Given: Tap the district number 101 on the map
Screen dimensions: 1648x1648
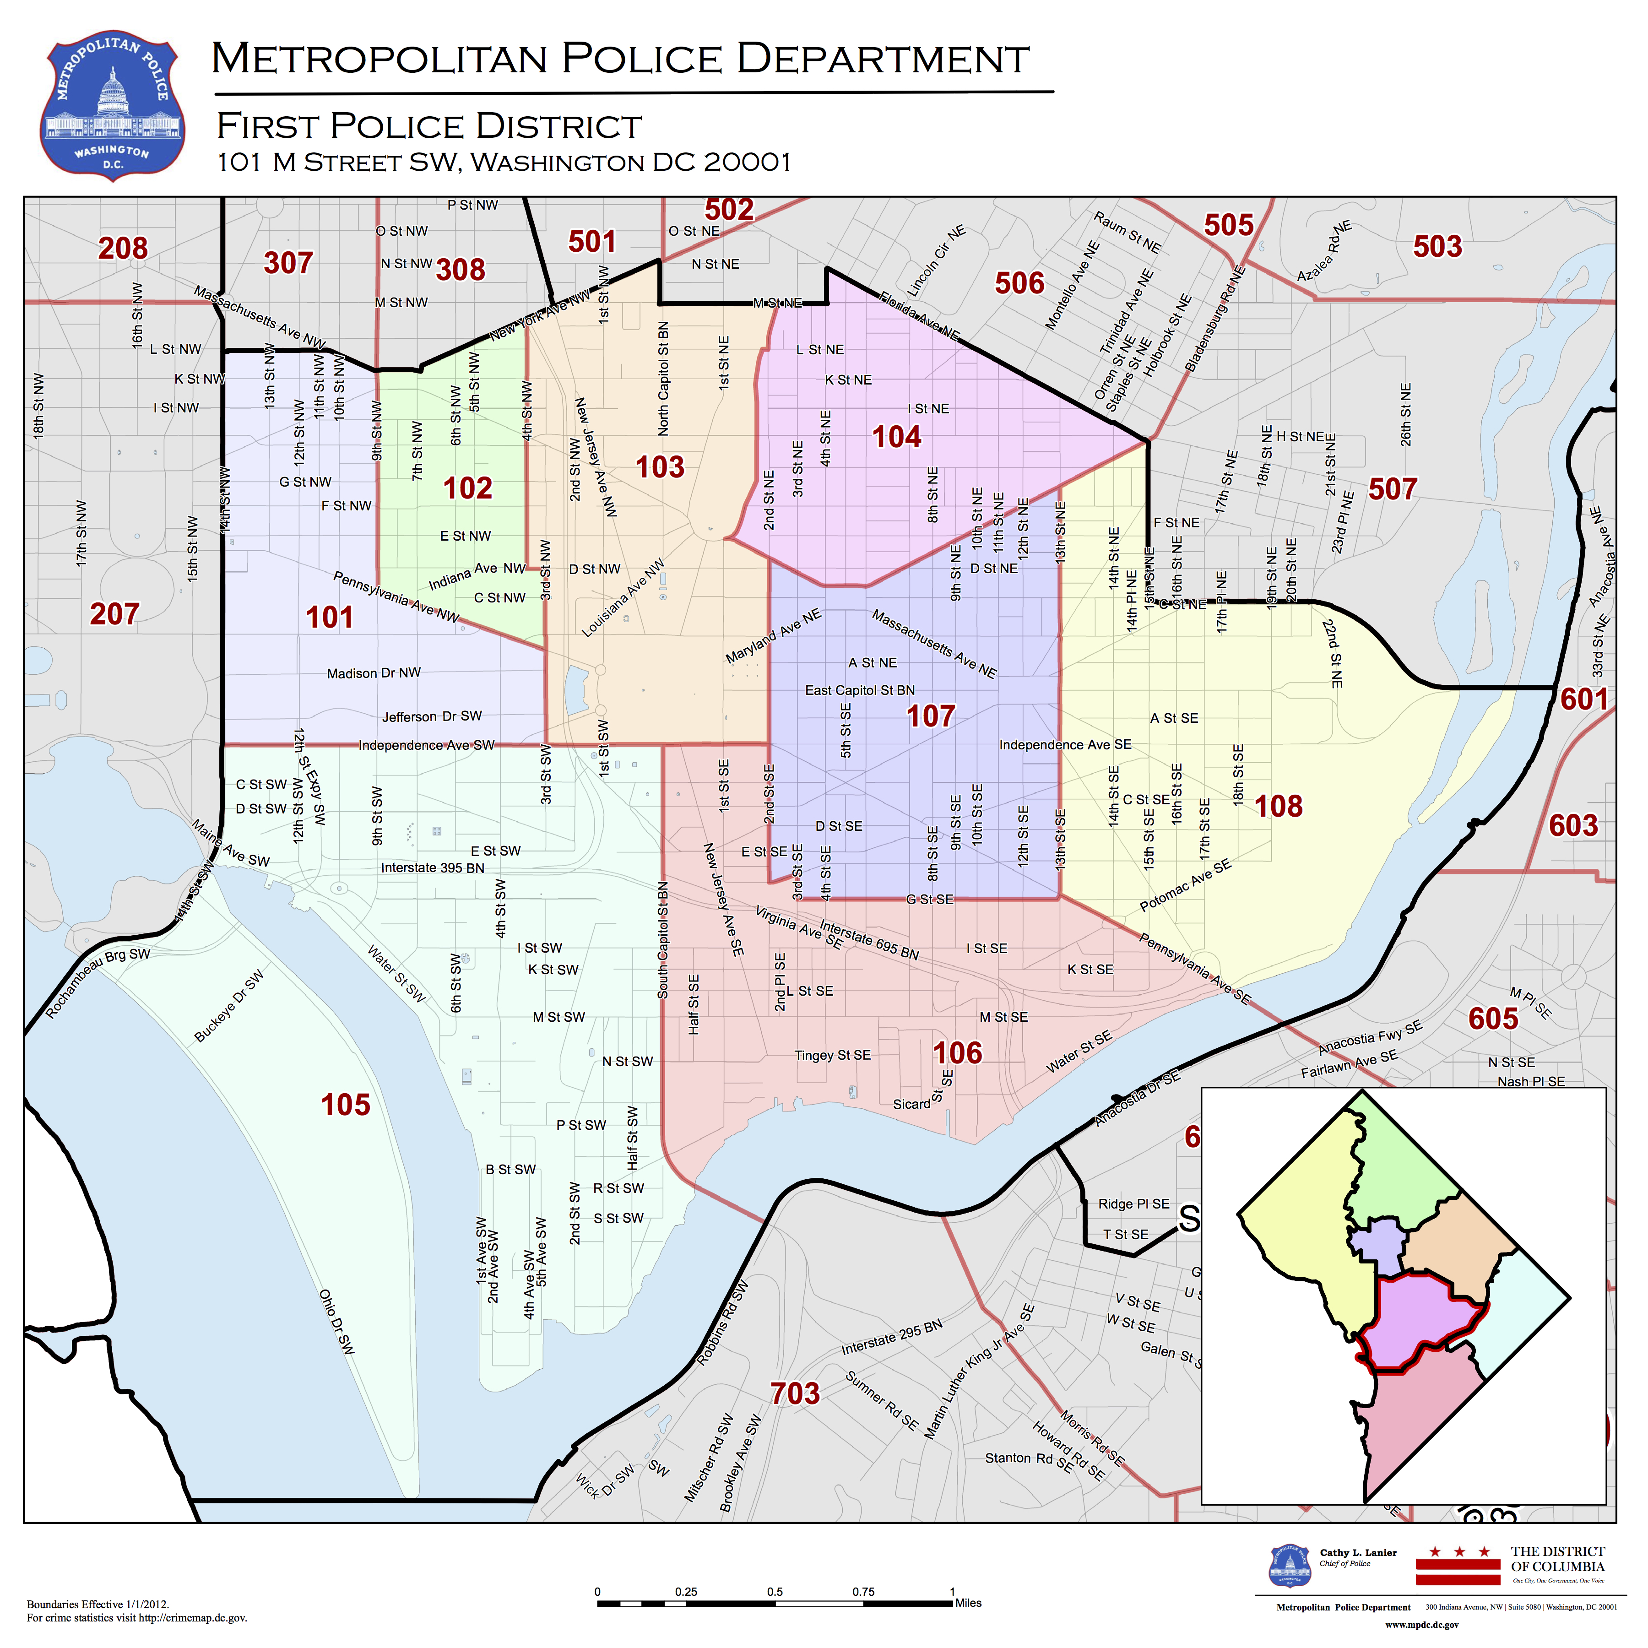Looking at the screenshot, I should coord(329,617).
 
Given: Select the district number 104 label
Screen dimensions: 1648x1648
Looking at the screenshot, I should coord(896,437).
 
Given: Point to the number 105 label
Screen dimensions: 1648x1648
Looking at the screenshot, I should coord(346,1105).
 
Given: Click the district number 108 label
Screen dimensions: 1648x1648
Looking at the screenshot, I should coord(1278,806).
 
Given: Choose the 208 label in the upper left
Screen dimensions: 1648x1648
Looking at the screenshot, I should coord(123,248).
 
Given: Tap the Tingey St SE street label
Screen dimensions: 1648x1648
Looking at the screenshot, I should coord(833,1055).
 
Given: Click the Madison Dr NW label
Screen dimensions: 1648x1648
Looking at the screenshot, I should coord(374,673).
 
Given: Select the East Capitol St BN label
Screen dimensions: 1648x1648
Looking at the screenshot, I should coord(860,690).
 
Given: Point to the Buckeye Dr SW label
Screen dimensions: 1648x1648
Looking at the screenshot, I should coord(228,1007).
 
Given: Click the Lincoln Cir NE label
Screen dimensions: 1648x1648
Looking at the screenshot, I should coord(936,261).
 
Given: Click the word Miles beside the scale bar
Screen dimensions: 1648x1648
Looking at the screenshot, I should coord(968,1603).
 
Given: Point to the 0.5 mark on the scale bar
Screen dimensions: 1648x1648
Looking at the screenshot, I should coord(775,1592).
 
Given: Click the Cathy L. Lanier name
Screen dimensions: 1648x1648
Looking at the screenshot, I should coord(1358,1552).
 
